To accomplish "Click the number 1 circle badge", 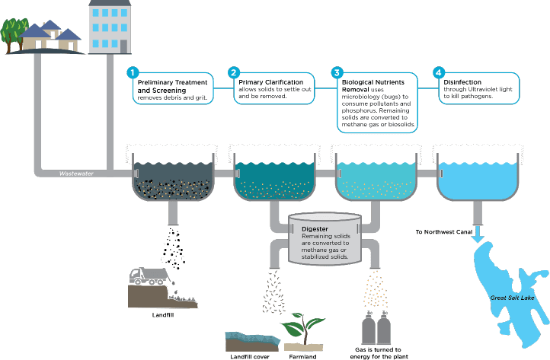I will (x=133, y=73).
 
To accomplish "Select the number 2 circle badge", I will (x=234, y=73).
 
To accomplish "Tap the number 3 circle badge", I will (x=337, y=73).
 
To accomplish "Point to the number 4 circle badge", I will (x=438, y=73).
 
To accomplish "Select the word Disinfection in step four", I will (x=462, y=82).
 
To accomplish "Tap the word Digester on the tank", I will (x=315, y=228).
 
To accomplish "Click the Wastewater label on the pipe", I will (x=76, y=174).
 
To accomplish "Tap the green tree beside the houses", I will (x=14, y=30).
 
